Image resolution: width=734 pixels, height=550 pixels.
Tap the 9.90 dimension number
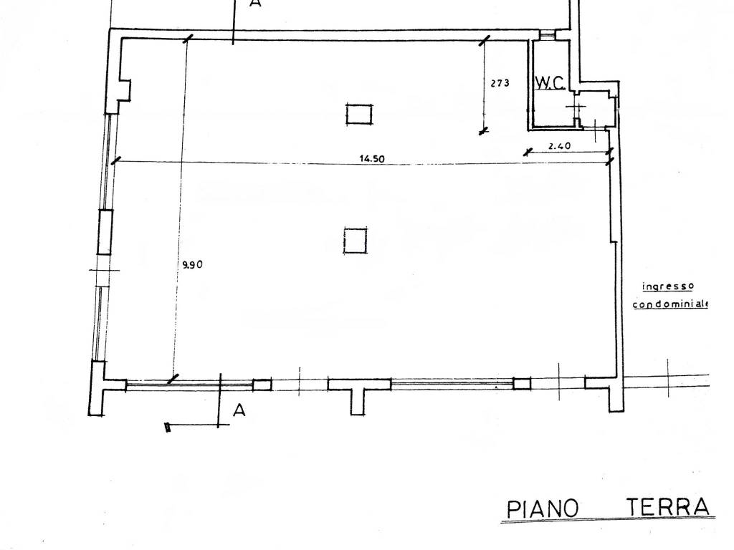click(194, 264)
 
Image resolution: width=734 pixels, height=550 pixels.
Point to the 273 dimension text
click(500, 83)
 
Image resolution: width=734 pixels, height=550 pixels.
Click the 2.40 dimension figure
click(559, 146)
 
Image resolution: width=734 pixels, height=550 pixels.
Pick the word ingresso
click(667, 286)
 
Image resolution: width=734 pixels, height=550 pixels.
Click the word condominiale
click(670, 304)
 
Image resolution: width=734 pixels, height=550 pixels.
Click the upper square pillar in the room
click(359, 114)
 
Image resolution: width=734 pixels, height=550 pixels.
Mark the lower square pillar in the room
click(355, 240)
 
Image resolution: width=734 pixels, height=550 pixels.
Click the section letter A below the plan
click(240, 410)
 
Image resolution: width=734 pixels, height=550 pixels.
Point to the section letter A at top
click(255, 4)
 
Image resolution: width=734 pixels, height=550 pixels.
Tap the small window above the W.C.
click(548, 34)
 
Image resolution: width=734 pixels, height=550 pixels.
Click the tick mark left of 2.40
click(528, 151)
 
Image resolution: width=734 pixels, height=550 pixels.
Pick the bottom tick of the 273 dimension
click(483, 130)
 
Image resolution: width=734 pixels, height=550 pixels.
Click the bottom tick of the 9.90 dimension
click(172, 379)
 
